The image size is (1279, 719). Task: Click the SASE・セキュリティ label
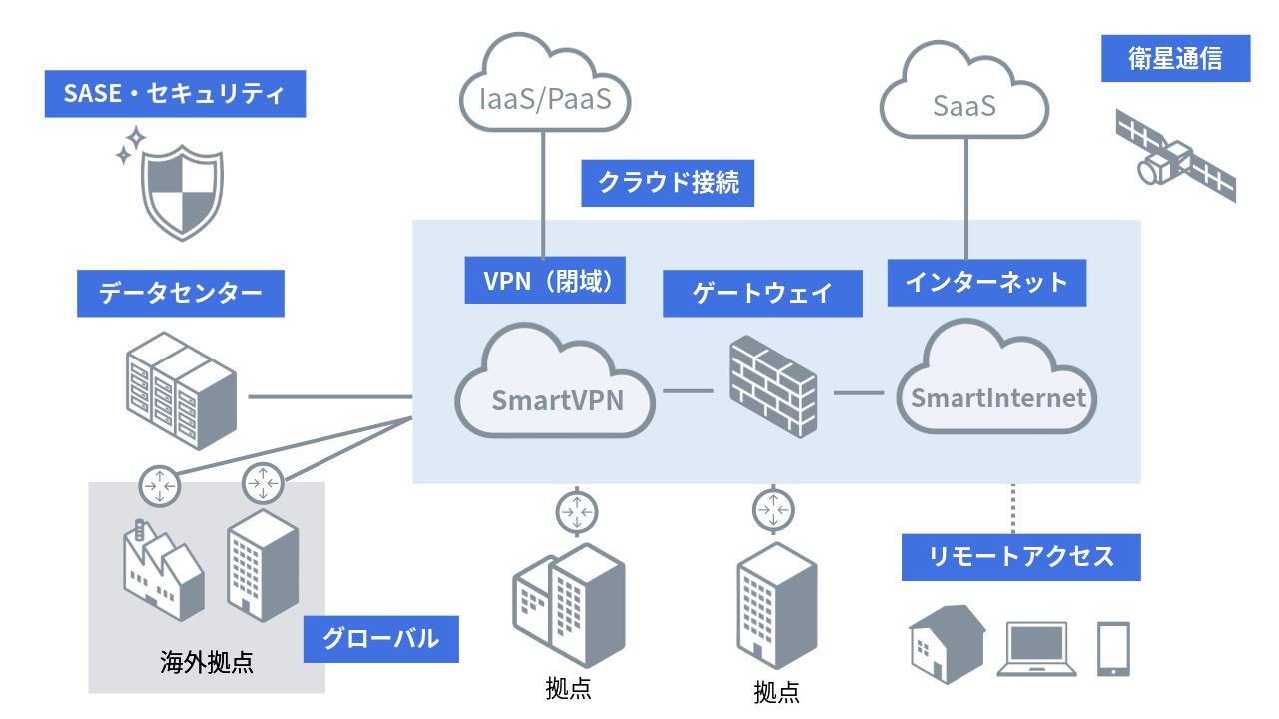(x=175, y=94)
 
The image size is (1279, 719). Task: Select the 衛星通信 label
(x=1175, y=59)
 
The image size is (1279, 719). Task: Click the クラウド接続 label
(x=667, y=183)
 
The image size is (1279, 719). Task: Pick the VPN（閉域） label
(x=545, y=280)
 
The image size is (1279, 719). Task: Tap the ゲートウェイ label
(x=762, y=294)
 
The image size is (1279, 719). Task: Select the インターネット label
(x=986, y=282)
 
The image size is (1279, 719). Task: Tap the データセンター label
(x=180, y=294)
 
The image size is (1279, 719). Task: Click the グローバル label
(x=380, y=639)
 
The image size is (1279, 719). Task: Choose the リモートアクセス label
(x=1020, y=556)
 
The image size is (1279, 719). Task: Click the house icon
(x=946, y=643)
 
